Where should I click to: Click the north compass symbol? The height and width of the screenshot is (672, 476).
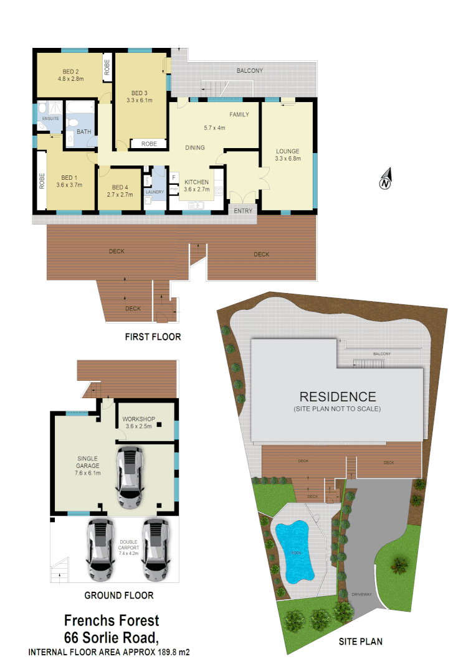386,179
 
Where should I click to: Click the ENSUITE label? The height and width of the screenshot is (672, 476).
50,118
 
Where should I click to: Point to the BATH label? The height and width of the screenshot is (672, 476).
83,131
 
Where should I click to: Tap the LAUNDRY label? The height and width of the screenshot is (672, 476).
155,192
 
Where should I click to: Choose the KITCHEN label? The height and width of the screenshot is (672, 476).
196,182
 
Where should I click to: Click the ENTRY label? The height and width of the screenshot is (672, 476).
243,211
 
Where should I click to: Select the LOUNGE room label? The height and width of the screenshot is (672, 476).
287,151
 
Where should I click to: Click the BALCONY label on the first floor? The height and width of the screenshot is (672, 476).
249,71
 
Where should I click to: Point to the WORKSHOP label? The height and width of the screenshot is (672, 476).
138,419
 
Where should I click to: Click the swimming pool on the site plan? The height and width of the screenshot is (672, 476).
293,548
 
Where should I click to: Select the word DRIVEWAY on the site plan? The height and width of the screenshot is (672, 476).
361,594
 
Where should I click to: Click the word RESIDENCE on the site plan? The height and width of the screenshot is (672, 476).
337,396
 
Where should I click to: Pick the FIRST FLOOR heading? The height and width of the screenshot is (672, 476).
153,337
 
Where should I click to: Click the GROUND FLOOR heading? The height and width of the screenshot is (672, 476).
118,595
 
